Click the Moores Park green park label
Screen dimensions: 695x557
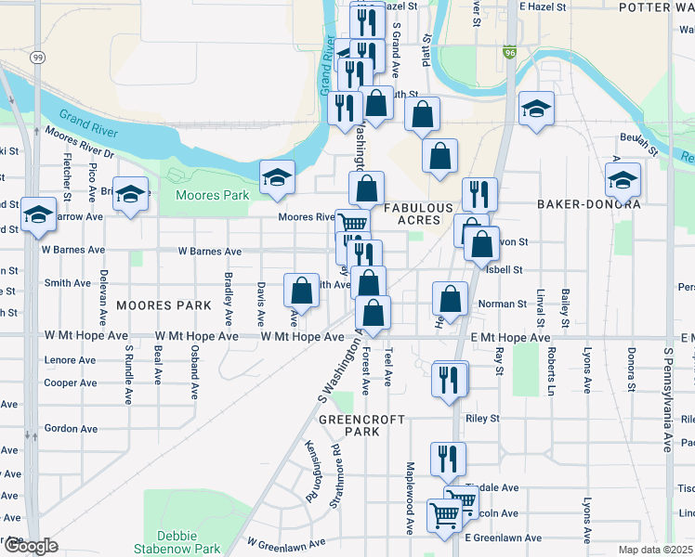point(213,196)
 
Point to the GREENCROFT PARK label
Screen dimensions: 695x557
point(361,425)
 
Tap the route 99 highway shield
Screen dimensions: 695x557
point(35,58)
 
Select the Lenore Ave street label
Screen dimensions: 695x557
point(70,360)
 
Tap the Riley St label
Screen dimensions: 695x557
point(483,419)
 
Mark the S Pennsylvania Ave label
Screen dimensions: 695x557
point(667,400)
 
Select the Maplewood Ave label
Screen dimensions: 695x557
point(409,511)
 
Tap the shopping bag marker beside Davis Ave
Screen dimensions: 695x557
point(302,290)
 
